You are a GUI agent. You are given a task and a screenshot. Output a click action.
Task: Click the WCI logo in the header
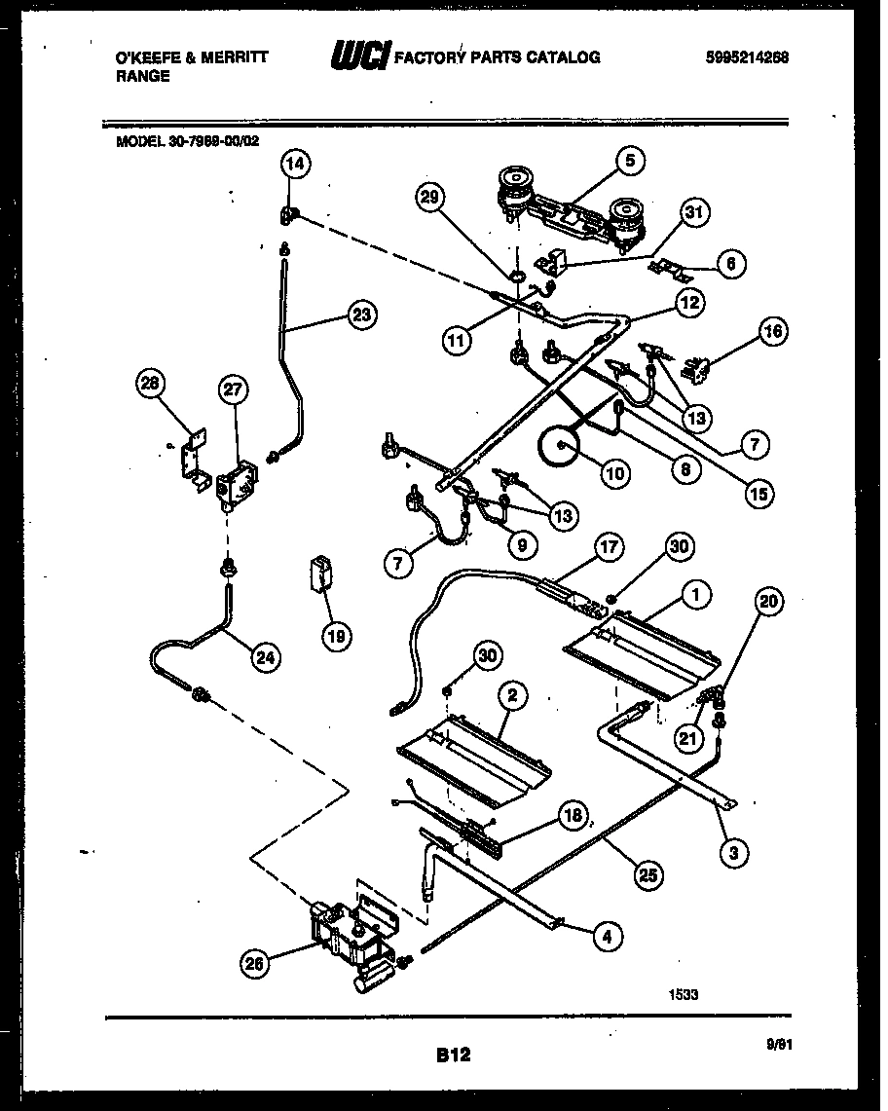point(359,56)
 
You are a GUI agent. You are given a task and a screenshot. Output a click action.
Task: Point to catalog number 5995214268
point(747,57)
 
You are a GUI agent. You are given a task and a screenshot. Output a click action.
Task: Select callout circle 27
point(235,390)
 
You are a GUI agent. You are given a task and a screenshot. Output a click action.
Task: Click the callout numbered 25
point(646,875)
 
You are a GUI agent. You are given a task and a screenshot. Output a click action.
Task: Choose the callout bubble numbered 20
point(769,603)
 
